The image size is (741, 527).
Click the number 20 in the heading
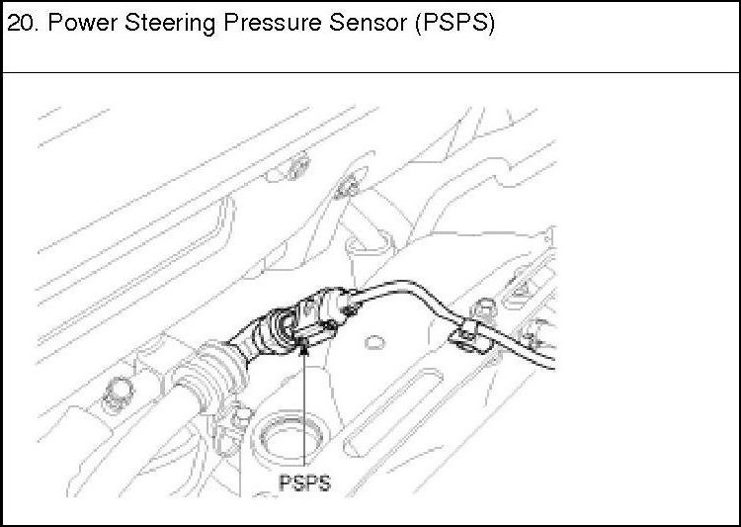pos(21,23)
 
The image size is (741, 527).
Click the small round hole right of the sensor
pos(373,342)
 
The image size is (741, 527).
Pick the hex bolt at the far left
pos(118,390)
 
